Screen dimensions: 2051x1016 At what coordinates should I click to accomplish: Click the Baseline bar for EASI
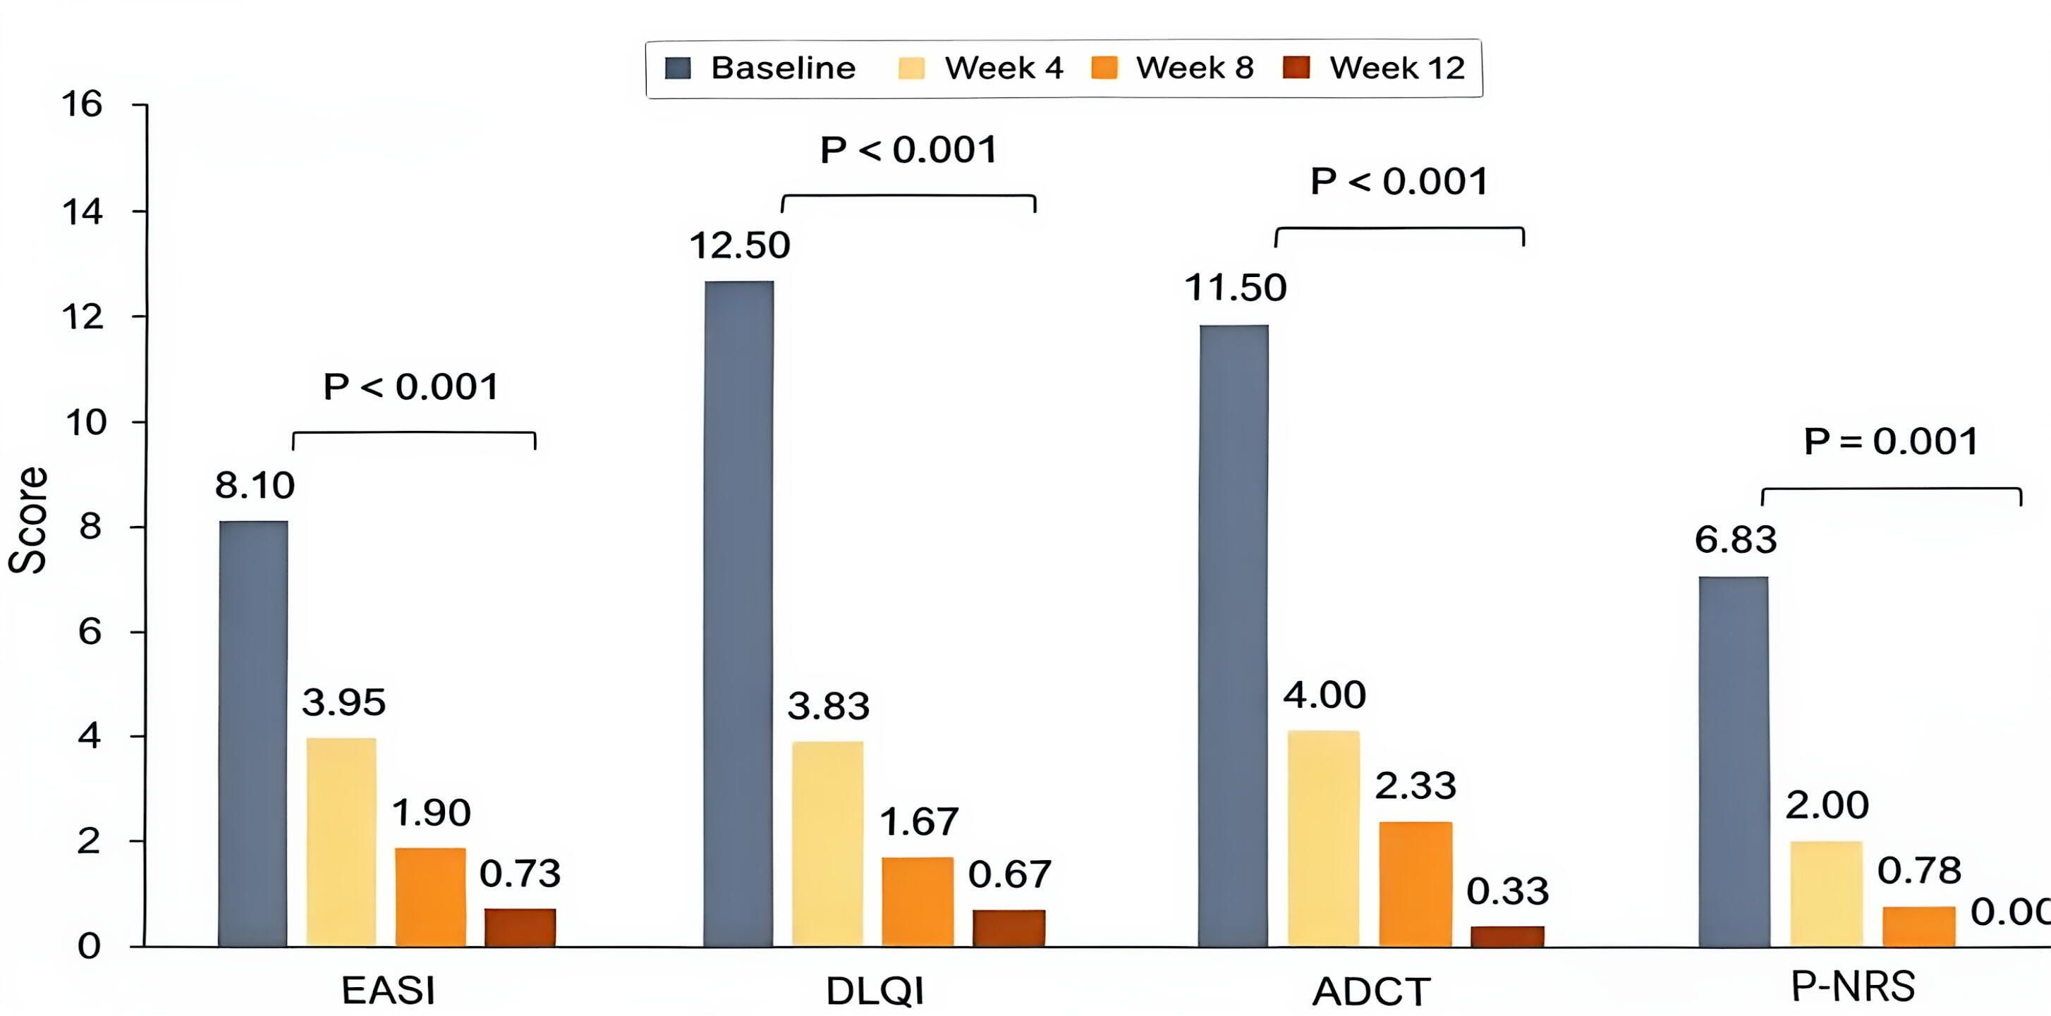253,733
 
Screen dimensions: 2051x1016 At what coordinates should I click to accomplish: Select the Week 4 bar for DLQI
827,844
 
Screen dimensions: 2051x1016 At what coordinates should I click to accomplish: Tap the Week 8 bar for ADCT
1416,884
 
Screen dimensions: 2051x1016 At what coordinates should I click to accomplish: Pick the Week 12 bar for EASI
520,928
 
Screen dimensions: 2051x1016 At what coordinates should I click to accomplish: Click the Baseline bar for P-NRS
1734,762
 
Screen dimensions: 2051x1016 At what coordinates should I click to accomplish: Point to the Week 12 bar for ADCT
1507,936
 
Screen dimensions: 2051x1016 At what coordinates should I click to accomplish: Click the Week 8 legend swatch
1104,68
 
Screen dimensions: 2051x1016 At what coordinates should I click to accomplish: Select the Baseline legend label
783,68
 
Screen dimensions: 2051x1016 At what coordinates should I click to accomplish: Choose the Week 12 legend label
1397,68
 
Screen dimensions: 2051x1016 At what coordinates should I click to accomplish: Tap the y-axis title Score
28,520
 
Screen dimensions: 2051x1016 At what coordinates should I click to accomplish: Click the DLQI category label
875,991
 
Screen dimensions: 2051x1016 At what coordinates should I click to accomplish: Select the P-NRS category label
1853,987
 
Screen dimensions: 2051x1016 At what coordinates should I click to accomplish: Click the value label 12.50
740,245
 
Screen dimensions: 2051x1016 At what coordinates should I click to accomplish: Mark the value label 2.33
1416,786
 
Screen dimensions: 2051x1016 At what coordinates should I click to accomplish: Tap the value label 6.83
1736,540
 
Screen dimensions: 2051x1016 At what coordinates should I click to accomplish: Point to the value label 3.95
344,702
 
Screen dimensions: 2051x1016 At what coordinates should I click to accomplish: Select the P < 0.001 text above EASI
412,387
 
